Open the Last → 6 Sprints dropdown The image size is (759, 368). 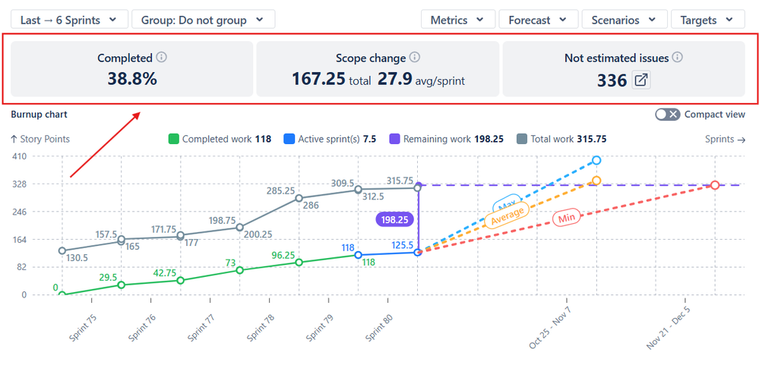68,20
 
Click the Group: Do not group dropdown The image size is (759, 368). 203,20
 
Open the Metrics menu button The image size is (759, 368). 458,20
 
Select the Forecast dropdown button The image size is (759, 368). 537,20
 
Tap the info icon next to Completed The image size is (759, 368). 161,58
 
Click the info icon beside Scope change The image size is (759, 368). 414,58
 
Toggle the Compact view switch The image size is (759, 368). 668,115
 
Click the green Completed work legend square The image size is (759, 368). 173,139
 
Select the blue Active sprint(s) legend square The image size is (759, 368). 289,139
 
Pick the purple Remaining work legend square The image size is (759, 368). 394,139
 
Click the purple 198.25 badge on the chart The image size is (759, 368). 394,219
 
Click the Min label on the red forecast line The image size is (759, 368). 566,219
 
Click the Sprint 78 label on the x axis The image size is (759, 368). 260,328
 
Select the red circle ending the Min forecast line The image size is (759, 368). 715,185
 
